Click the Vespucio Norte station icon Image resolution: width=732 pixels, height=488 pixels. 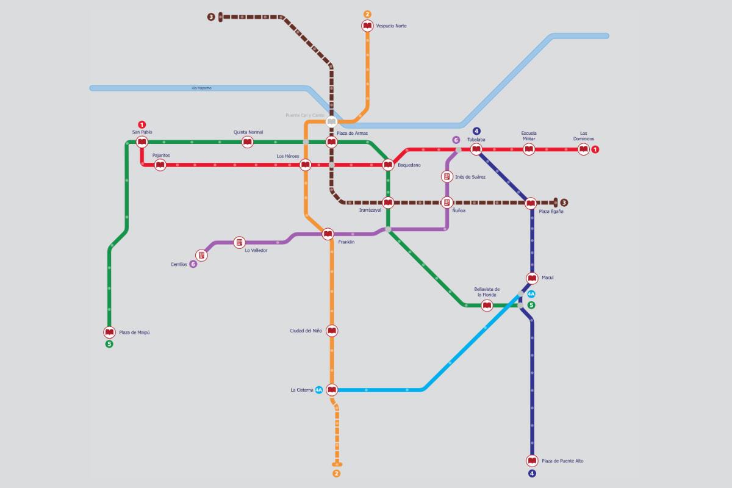(x=367, y=26)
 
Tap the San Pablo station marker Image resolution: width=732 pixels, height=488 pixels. (x=142, y=142)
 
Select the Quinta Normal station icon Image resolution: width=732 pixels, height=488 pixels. (x=248, y=142)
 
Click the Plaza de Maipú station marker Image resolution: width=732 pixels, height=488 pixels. (x=110, y=332)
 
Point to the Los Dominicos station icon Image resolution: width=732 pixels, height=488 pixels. (x=583, y=149)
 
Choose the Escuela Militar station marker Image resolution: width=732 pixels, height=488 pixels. (x=529, y=149)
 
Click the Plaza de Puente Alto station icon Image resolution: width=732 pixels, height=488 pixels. (x=532, y=461)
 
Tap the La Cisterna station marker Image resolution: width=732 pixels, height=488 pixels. (x=332, y=389)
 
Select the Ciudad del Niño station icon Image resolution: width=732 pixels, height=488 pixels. (x=332, y=331)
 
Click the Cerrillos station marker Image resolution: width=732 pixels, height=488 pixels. (x=201, y=255)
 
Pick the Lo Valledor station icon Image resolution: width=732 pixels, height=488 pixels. (x=239, y=242)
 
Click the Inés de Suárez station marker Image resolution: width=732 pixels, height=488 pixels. (x=447, y=177)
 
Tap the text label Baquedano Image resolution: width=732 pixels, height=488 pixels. (x=409, y=165)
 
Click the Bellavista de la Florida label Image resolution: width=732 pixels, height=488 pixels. (x=487, y=292)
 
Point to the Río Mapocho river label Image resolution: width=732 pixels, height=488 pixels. (x=201, y=88)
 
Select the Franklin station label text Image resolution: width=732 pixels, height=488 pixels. (x=346, y=242)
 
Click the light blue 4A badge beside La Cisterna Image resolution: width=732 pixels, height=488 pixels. (x=319, y=390)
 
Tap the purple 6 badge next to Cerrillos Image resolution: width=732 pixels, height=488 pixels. (x=193, y=264)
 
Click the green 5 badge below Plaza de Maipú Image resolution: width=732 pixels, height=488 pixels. (x=110, y=344)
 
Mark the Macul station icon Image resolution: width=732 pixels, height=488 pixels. (x=532, y=279)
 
